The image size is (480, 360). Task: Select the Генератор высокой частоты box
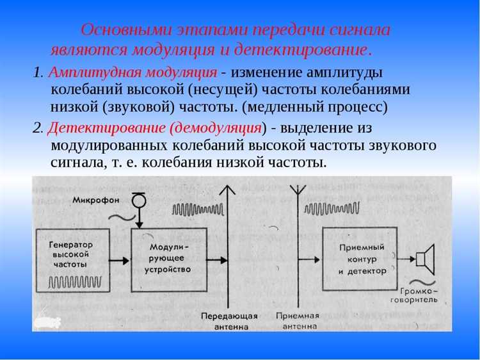point(71,259)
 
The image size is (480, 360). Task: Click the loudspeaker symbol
point(424,258)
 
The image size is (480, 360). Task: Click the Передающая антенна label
point(229,320)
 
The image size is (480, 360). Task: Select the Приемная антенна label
point(297,320)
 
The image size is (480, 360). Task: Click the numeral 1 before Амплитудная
point(36,72)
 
